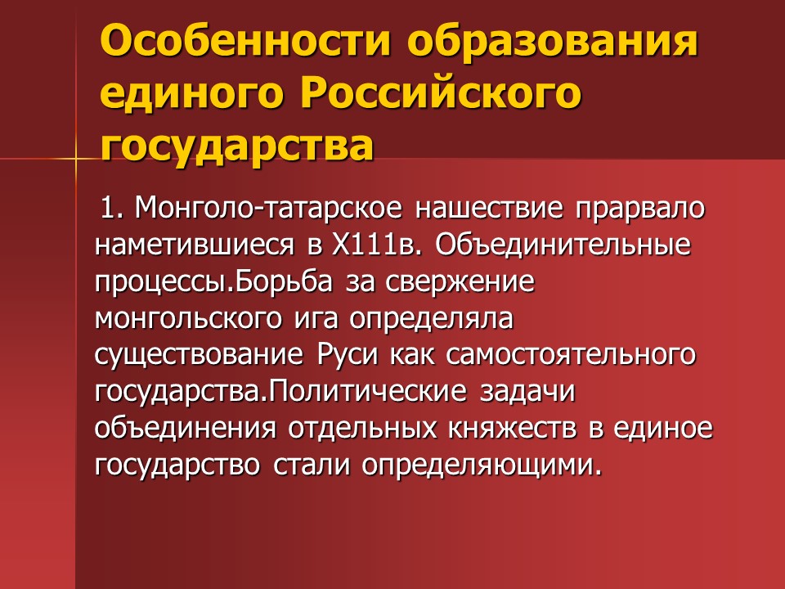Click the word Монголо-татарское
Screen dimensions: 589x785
268,208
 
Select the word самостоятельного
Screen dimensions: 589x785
561,355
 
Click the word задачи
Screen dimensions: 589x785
527,392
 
